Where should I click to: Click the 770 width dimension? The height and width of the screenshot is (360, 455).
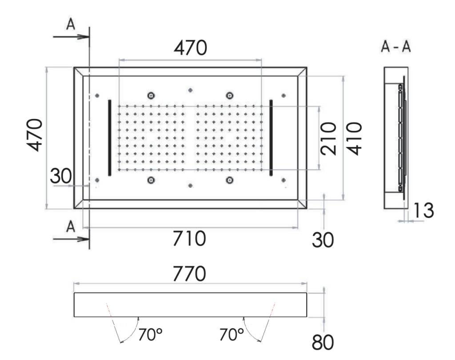[190, 274]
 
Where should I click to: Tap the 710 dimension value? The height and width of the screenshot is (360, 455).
[190, 239]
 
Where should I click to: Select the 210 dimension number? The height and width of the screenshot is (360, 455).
[329, 138]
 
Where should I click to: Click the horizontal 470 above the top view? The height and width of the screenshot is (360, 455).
[190, 48]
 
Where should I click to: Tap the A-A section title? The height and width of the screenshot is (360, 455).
[396, 47]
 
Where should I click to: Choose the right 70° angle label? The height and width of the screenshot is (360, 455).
[231, 335]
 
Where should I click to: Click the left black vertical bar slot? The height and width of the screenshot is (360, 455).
[110, 138]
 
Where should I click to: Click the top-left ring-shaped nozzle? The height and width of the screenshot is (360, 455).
[152, 95]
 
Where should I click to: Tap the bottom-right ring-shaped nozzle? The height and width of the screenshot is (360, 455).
[230, 180]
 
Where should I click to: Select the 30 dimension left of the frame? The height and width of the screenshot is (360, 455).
[60, 176]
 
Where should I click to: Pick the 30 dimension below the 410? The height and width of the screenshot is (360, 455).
[323, 240]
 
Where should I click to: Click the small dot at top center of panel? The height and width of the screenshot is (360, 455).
[190, 90]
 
